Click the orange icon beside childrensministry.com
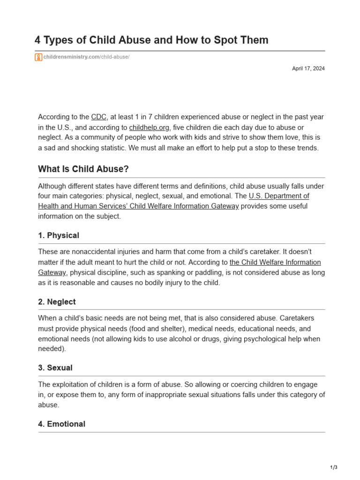tap(38, 57)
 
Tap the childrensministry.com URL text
tap(86, 57)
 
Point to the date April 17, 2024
tap(308, 68)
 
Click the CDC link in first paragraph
tap(98, 117)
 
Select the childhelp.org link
tap(149, 127)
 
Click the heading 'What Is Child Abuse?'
tap(83, 169)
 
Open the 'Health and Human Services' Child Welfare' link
tap(138, 206)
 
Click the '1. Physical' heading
tap(59, 235)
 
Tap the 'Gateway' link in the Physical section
tap(52, 272)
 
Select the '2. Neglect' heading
tap(57, 302)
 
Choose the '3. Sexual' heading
tap(55, 368)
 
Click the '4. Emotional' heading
tap(61, 424)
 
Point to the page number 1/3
tap(333, 467)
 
